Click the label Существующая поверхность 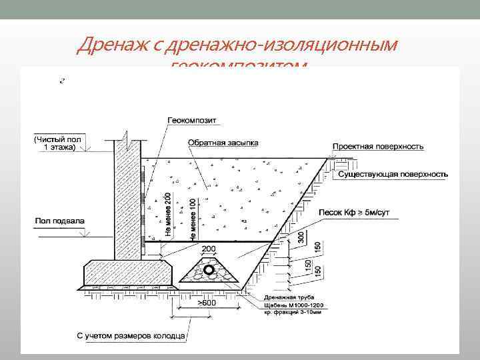pyautogui.click(x=393, y=174)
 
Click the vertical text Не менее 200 pyautogui.click(x=168, y=215)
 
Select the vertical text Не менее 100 pyautogui.click(x=193, y=219)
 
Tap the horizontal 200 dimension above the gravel pyautogui.click(x=209, y=248)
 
